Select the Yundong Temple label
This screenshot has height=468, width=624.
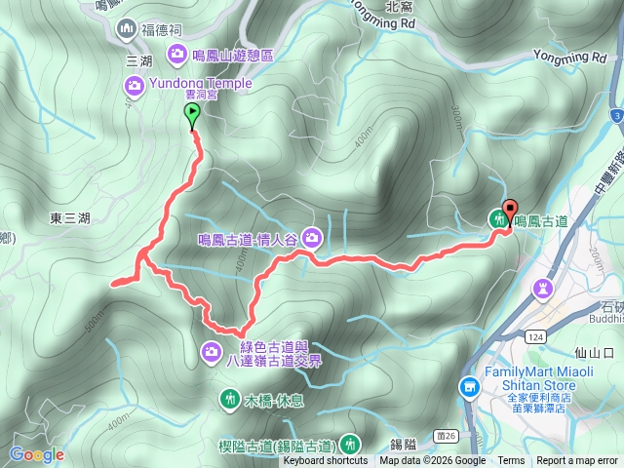coord(201,85)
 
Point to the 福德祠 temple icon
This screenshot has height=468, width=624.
coord(126,30)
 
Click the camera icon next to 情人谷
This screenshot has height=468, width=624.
coord(312,236)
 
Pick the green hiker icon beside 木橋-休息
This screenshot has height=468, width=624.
coord(230,399)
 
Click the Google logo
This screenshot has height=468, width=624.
coord(36,454)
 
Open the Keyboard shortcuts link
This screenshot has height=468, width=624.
coord(326,461)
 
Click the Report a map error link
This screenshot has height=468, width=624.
coord(578,461)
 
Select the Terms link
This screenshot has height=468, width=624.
coord(511,461)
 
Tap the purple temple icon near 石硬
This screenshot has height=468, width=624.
coord(542,288)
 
